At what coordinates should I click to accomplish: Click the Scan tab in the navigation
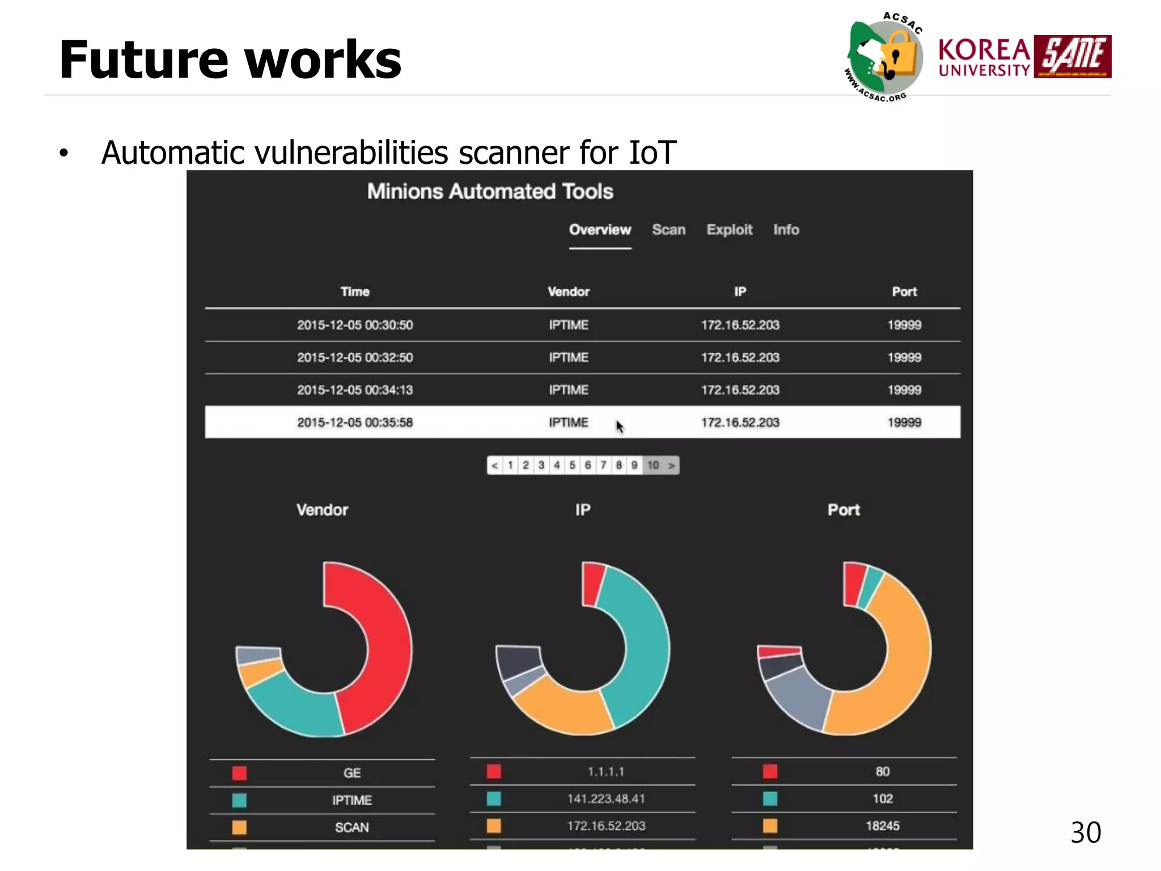pyautogui.click(x=668, y=230)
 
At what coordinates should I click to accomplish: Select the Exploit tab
pyautogui.click(x=729, y=230)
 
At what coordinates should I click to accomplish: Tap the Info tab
pyautogui.click(x=786, y=230)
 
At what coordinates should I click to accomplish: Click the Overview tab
pyautogui.click(x=600, y=230)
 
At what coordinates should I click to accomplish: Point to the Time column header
pyautogui.click(x=355, y=291)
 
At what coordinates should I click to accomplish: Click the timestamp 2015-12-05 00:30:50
pyautogui.click(x=355, y=325)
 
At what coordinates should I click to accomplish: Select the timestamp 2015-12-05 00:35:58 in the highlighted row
pyautogui.click(x=355, y=422)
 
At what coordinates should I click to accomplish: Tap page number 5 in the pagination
pyautogui.click(x=573, y=465)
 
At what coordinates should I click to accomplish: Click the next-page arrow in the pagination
pyautogui.click(x=671, y=466)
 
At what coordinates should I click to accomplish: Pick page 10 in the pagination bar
pyautogui.click(x=653, y=465)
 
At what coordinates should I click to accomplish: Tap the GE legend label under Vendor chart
pyautogui.click(x=351, y=773)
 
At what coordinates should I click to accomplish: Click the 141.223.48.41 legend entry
pyautogui.click(x=606, y=799)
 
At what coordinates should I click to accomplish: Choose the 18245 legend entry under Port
pyautogui.click(x=882, y=826)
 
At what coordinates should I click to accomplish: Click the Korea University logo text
pyautogui.click(x=984, y=57)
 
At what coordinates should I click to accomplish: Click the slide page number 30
pyautogui.click(x=1085, y=832)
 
